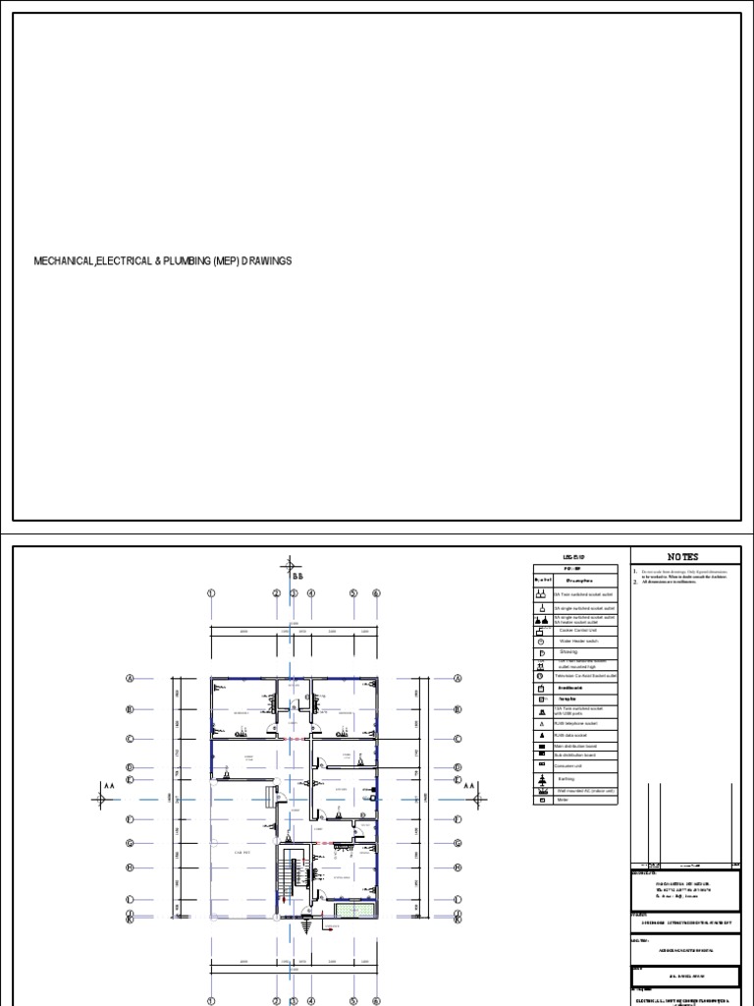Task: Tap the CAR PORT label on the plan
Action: point(243,853)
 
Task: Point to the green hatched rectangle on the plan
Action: point(347,910)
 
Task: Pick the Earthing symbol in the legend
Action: point(541,779)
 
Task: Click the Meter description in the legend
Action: point(565,801)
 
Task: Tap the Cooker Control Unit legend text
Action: point(583,630)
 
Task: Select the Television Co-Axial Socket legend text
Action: point(586,676)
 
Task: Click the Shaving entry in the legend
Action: point(569,651)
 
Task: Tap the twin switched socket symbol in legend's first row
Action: point(541,595)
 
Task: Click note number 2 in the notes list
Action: point(635,582)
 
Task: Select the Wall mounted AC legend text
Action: point(586,790)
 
